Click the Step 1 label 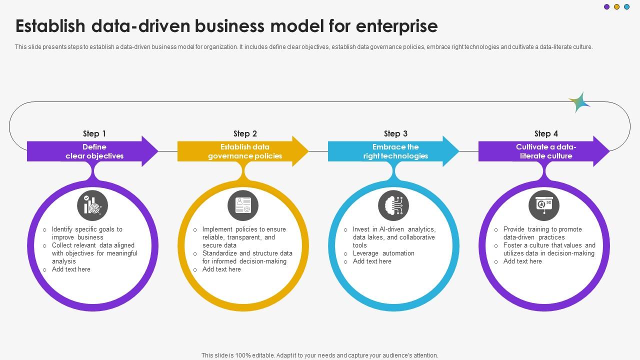point(94,133)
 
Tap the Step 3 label point(395,133)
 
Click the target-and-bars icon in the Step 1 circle point(92,205)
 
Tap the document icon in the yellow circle point(243,205)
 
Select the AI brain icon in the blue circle point(393,205)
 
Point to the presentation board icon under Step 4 point(544,205)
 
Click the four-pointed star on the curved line point(579,102)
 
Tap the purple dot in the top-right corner point(606,7)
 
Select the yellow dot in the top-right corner point(616,7)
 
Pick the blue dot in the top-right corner point(627,7)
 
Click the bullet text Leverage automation point(383,253)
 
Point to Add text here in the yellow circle point(221,269)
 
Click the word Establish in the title point(56,26)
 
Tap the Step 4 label point(546,133)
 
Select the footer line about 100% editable point(320,355)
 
